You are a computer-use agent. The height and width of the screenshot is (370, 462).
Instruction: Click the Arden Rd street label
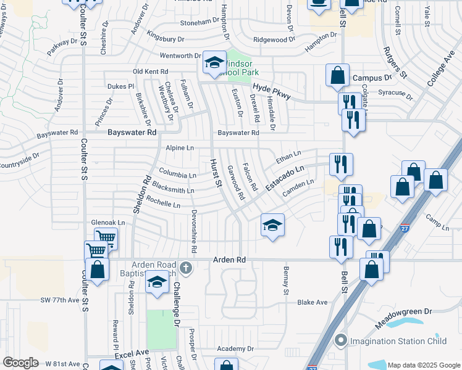229,260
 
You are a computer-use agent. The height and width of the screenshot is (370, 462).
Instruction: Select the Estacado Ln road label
285,178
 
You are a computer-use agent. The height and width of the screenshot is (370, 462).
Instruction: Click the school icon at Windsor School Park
214,63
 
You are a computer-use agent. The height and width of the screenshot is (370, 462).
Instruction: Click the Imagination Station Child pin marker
340,340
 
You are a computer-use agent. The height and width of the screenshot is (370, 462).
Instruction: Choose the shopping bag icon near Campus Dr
338,76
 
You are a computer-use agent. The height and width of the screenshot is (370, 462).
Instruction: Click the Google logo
20,363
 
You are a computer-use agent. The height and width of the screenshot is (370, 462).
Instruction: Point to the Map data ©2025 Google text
423,365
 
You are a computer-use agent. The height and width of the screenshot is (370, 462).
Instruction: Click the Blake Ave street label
312,302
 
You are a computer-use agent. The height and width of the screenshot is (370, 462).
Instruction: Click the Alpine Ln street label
180,148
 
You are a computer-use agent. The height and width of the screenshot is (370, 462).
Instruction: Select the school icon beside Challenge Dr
157,282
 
